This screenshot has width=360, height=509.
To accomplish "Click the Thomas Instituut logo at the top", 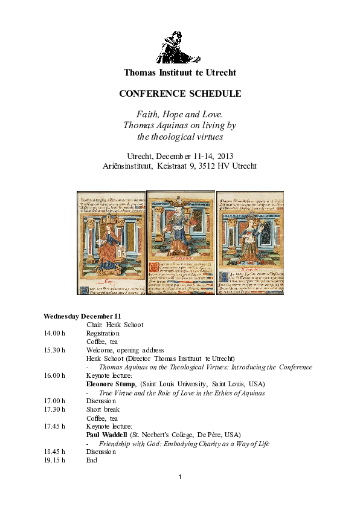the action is point(179,47).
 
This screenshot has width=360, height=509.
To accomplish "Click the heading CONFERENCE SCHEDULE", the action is point(180,94).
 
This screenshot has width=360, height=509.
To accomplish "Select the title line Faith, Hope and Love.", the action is point(180,114).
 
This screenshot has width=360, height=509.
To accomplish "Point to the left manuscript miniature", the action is point(111,242).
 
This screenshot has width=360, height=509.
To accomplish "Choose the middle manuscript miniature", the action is point(180,242).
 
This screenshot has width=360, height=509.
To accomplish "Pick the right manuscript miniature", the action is point(249,242).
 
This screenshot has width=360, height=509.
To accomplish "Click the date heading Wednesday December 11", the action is point(82,316).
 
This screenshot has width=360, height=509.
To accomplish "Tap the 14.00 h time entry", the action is point(54,333).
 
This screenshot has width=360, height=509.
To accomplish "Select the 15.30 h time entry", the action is point(54,350).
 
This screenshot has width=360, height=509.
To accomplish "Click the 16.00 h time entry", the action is point(54,375).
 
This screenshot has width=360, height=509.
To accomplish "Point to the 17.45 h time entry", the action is point(54,426).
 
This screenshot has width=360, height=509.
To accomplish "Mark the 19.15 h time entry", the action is point(54,460).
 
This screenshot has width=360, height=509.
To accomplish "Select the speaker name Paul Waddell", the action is point(106,435).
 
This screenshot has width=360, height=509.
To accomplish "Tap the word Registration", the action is point(103,333).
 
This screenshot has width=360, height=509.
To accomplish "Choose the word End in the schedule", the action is point(92,460).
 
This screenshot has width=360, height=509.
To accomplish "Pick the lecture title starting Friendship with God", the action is point(184,443).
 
